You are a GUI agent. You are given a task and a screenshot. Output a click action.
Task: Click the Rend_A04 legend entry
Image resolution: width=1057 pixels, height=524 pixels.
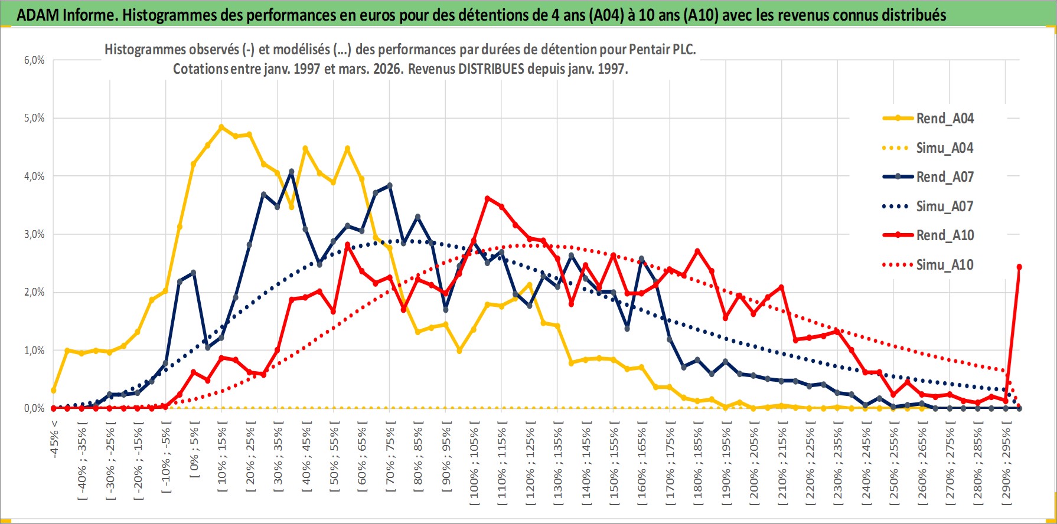(944, 119)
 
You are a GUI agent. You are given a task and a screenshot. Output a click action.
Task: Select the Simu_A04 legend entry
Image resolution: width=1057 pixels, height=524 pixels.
(944, 148)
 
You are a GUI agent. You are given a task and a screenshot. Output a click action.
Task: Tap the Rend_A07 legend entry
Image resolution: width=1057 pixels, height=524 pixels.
(944, 177)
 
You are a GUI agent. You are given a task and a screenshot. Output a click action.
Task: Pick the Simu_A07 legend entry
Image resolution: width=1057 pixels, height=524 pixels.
(944, 207)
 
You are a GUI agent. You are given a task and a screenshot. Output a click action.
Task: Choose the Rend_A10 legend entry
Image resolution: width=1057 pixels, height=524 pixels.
(944, 235)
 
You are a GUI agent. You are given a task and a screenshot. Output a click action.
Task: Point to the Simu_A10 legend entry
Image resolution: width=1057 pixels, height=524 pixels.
(944, 265)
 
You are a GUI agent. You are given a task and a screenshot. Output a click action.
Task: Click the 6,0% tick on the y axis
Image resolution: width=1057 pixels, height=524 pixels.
(34, 60)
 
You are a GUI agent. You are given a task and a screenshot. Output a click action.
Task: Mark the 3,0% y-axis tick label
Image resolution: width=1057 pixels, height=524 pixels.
(34, 234)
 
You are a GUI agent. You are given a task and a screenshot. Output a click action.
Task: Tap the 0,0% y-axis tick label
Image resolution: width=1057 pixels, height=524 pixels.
(34, 408)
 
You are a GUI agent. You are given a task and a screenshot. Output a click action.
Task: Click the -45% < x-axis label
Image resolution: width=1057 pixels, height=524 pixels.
(54, 439)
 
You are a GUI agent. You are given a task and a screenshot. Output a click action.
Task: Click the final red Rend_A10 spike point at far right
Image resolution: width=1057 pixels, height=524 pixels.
(1019, 267)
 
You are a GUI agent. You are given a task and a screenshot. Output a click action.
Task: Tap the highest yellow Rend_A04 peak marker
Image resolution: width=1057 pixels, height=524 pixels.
(221, 127)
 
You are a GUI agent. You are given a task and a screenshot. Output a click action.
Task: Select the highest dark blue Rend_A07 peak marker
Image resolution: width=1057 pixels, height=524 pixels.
(291, 172)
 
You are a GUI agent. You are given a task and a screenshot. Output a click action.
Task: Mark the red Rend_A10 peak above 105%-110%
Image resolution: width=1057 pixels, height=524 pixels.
(488, 199)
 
